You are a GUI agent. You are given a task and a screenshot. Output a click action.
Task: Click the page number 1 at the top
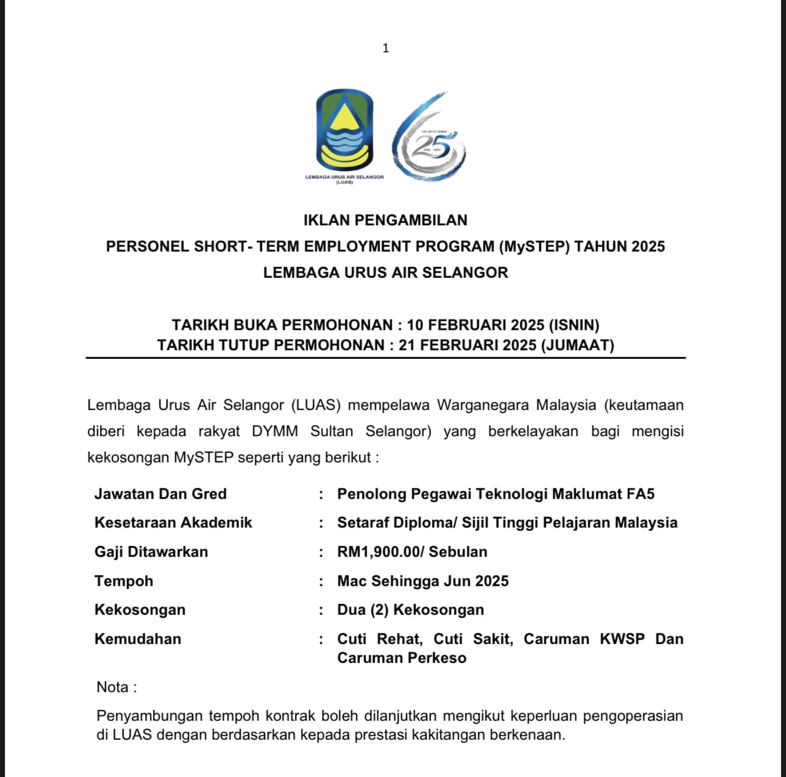386,48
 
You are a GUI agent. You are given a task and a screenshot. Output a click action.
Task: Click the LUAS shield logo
344,130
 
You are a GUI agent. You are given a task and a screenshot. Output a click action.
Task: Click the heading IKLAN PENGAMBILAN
385,220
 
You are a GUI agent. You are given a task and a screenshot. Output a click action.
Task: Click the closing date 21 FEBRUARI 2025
467,345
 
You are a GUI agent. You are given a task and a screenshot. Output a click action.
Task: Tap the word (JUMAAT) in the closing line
578,345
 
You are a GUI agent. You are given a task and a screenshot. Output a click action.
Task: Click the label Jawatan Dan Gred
160,494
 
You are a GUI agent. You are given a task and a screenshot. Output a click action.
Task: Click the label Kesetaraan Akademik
173,522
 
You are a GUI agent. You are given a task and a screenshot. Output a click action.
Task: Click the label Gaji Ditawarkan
151,552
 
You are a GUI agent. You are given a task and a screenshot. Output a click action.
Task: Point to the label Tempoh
124,581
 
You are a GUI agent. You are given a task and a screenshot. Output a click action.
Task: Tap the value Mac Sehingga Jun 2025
423,581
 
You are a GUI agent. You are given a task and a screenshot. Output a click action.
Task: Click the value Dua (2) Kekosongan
411,609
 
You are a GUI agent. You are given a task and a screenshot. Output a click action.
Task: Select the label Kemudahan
138,639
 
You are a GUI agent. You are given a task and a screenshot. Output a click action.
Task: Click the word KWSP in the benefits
622,639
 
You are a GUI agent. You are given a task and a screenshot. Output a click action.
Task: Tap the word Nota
113,687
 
